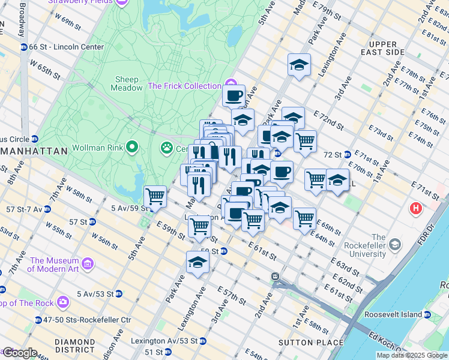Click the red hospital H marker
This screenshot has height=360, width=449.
pyautogui.click(x=415, y=209)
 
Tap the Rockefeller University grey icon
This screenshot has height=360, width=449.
pyautogui.click(x=395, y=244)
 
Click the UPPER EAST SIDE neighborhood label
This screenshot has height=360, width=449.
pyautogui.click(x=384, y=49)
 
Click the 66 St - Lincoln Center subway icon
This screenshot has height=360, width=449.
pyautogui.click(x=23, y=47)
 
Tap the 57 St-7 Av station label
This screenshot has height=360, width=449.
pyautogui.click(x=22, y=209)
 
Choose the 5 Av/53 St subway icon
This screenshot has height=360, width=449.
pyautogui.click(x=119, y=294)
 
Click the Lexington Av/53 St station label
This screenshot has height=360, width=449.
pyautogui.click(x=167, y=341)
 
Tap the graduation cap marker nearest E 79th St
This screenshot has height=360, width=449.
pyautogui.click(x=299, y=64)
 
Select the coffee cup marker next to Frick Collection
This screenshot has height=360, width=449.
pyautogui.click(x=234, y=94)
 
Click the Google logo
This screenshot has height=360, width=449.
pyautogui.click(x=19, y=353)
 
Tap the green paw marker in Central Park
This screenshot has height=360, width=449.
pyautogui.click(x=166, y=147)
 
